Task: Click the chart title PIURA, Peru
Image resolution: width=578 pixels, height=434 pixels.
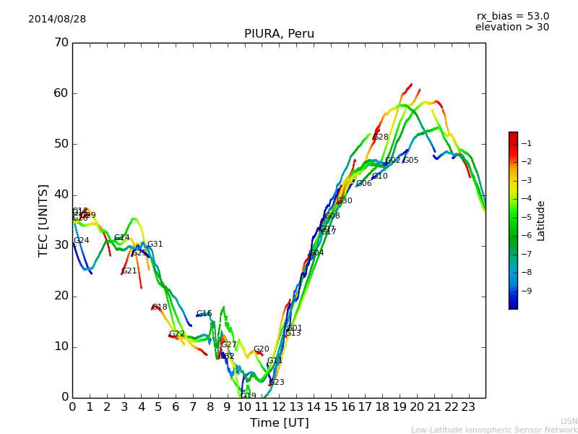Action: [279, 34]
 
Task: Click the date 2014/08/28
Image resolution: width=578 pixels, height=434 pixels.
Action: [57, 20]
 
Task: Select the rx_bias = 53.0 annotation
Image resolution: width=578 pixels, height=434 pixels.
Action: [512, 17]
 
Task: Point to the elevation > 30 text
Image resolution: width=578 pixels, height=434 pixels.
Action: [512, 27]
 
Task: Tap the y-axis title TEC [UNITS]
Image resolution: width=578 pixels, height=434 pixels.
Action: [43, 220]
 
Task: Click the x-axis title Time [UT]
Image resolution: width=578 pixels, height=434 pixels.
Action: [279, 423]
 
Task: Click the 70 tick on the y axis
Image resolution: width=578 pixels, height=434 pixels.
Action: [61, 43]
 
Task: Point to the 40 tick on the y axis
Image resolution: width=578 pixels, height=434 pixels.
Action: [61, 195]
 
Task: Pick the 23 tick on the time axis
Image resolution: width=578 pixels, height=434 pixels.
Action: [468, 407]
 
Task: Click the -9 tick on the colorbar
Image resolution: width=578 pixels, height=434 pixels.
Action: [527, 291]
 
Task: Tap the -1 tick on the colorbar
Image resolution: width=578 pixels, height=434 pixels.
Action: [527, 143]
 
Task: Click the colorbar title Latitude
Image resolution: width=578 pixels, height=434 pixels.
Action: [541, 221]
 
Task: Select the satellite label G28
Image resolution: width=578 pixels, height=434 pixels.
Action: [381, 137]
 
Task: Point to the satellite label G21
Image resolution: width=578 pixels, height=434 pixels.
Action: [129, 271]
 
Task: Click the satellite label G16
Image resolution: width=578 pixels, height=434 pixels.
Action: [204, 314]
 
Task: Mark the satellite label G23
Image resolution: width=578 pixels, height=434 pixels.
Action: [277, 383]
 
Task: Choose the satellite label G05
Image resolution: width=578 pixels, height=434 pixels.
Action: [411, 161]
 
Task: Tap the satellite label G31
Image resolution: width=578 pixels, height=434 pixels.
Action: [155, 244]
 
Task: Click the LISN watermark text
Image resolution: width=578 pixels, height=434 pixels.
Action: [569, 421]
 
